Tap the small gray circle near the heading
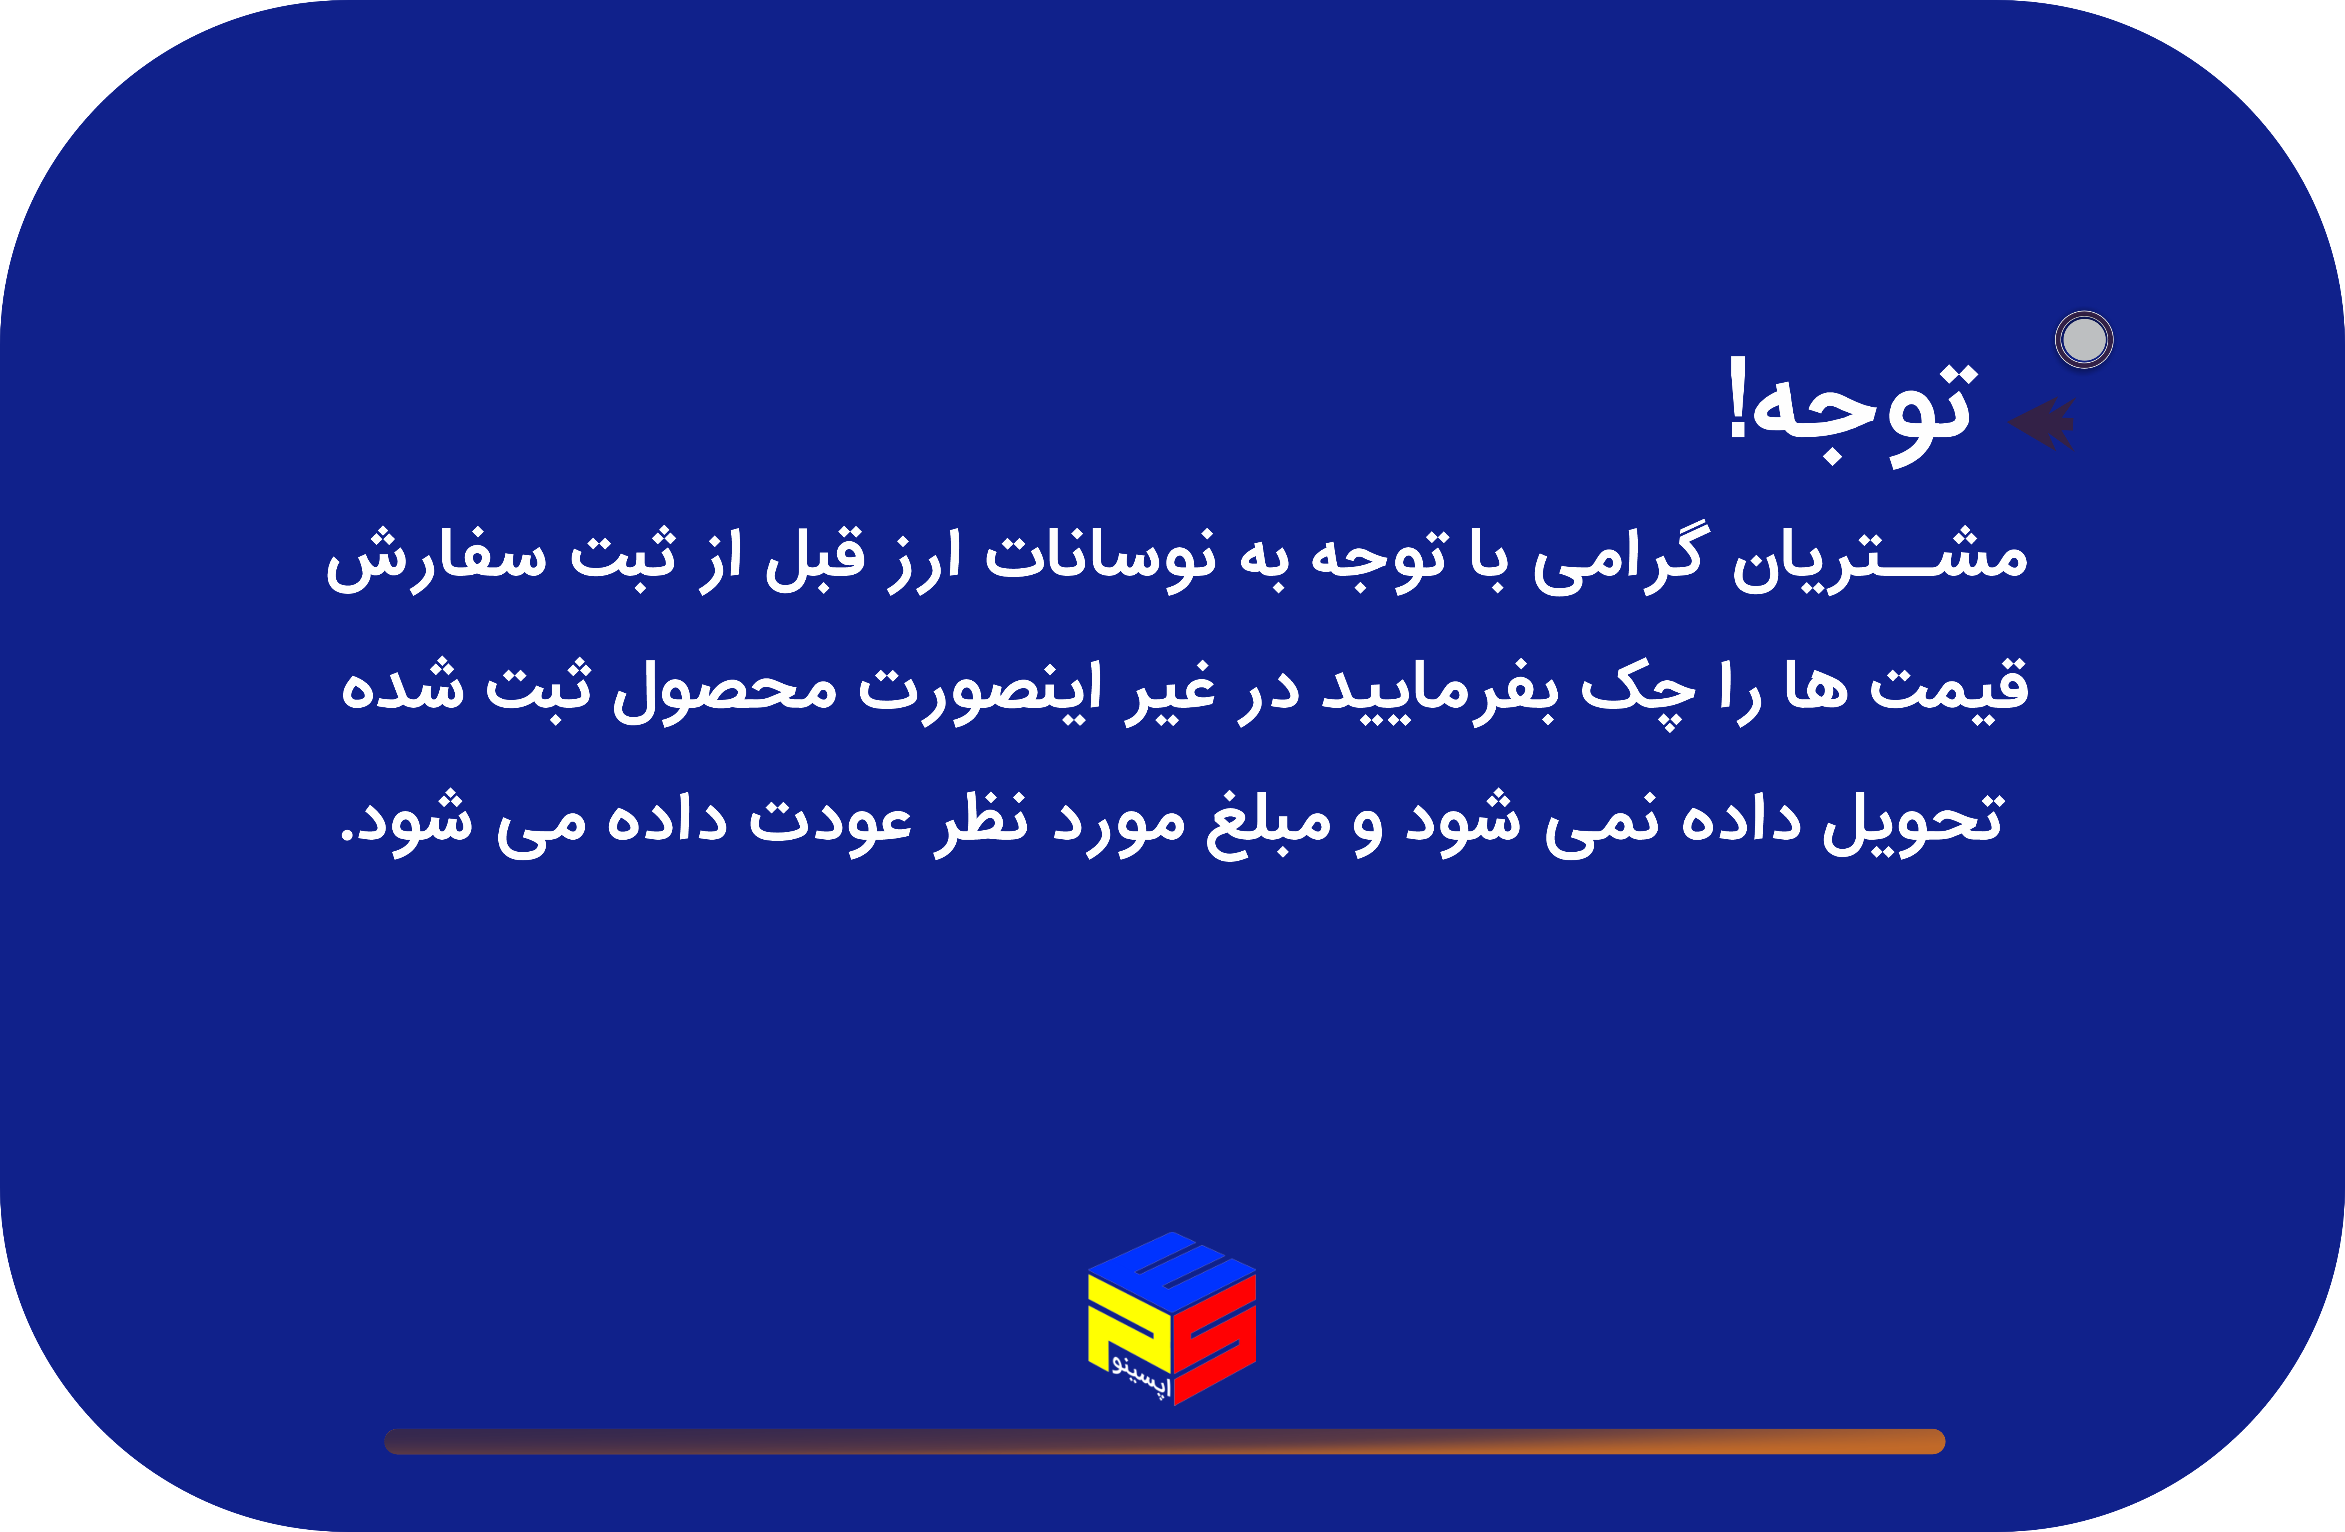[2084, 340]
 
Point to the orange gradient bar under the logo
[1165, 1441]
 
